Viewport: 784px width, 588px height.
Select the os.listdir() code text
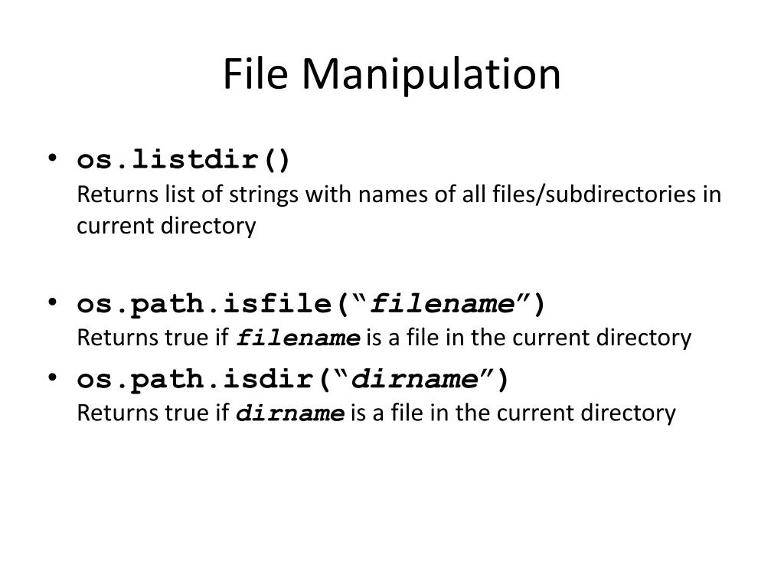[184, 161]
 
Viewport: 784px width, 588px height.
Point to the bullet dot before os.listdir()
[52, 159]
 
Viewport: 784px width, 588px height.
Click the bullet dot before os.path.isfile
[52, 302]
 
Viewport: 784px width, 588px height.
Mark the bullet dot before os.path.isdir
[52, 377]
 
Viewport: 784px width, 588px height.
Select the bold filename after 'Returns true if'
[299, 338]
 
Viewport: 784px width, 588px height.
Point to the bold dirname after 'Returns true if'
[290, 413]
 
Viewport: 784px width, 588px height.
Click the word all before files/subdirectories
[446, 194]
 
